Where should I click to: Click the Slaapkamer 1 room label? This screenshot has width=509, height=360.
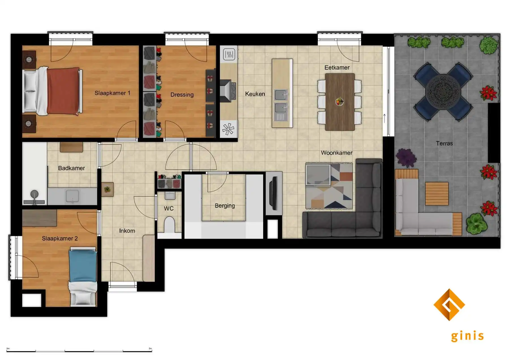pos(112,93)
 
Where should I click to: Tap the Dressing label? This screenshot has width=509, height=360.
pos(182,95)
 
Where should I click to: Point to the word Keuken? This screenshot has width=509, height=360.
pos(255,94)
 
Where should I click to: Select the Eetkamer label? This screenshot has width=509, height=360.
pos(337,68)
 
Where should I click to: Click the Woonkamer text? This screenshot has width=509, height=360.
pos(337,153)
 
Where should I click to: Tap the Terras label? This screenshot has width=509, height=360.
pos(444,144)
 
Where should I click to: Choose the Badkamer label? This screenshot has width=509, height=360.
pos(71,168)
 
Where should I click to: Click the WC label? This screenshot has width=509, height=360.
pos(169,209)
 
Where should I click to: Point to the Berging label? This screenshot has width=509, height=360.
pos(225,206)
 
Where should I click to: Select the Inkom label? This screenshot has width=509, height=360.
pos(127,231)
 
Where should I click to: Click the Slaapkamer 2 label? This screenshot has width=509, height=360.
pos(60,238)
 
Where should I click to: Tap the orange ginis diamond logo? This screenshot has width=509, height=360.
pos(449,305)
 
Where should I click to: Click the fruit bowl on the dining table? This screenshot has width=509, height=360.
pos(339,101)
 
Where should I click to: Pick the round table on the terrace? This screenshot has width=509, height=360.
pos(443,92)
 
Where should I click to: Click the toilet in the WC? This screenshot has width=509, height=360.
pos(169,225)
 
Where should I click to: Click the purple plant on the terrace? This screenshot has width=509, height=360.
pos(406,157)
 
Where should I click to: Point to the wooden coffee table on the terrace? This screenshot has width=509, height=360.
pos(437,194)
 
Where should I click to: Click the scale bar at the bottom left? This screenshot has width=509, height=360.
pos(79,351)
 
